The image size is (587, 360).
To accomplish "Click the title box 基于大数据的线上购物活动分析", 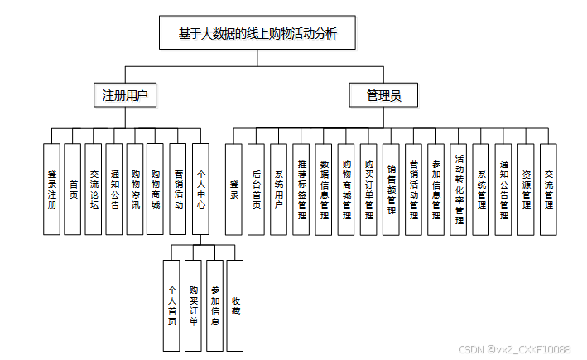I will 257,35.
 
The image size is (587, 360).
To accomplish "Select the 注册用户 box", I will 124,95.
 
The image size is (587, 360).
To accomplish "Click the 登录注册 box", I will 52,190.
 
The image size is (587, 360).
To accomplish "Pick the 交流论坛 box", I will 94,190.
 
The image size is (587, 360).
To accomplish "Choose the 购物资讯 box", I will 136,190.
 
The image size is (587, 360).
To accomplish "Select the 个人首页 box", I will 171,305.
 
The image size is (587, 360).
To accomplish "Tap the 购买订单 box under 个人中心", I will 193,305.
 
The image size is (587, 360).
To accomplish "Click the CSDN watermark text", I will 514,350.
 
